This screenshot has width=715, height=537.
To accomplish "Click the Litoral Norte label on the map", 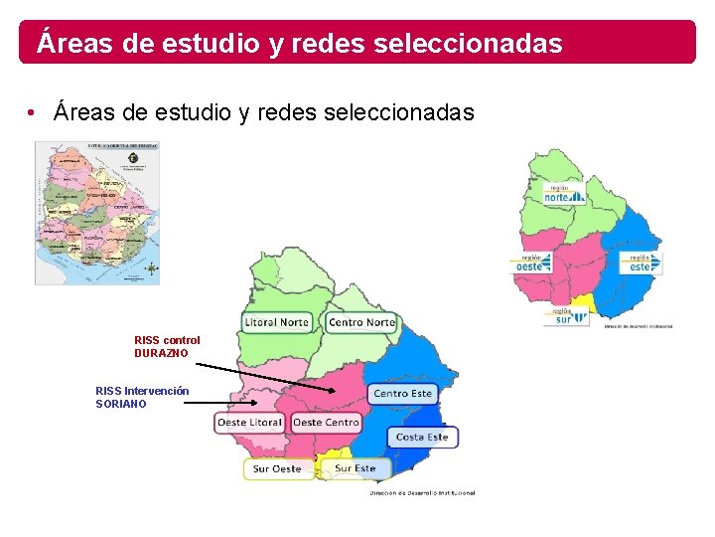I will click(x=277, y=322).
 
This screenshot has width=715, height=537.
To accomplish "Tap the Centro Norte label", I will click(x=361, y=322).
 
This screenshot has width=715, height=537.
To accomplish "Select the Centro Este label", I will click(x=402, y=394).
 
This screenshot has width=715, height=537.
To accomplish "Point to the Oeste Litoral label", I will click(x=250, y=423).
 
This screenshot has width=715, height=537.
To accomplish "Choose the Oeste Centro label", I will click(x=326, y=423).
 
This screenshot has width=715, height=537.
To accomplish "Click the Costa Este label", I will click(x=422, y=437).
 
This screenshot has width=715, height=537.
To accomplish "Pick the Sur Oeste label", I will click(x=277, y=468).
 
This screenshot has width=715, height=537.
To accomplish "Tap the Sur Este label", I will click(x=355, y=467).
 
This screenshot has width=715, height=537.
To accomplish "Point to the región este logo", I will click(x=641, y=263).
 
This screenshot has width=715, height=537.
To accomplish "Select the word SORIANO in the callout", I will click(x=121, y=404).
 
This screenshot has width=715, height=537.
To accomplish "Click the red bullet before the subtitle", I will click(x=33, y=111).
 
